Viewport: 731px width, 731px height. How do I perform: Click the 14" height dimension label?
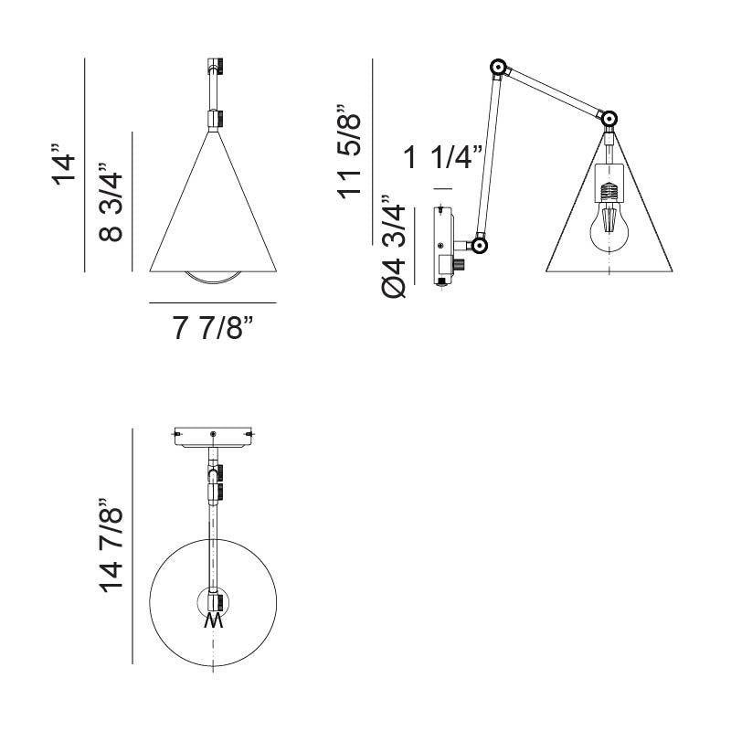(x=64, y=164)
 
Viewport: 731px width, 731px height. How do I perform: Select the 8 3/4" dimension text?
(x=110, y=202)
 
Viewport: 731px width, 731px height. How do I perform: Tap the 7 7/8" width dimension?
(x=213, y=327)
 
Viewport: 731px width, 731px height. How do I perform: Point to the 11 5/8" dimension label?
(x=349, y=152)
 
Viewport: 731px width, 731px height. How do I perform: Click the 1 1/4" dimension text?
(x=442, y=156)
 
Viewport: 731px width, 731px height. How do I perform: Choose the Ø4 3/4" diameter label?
(x=394, y=247)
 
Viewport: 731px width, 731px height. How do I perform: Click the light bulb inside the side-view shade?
(x=609, y=228)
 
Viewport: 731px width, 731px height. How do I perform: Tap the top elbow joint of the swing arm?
(x=498, y=68)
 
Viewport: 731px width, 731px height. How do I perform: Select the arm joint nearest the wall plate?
(x=479, y=245)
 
